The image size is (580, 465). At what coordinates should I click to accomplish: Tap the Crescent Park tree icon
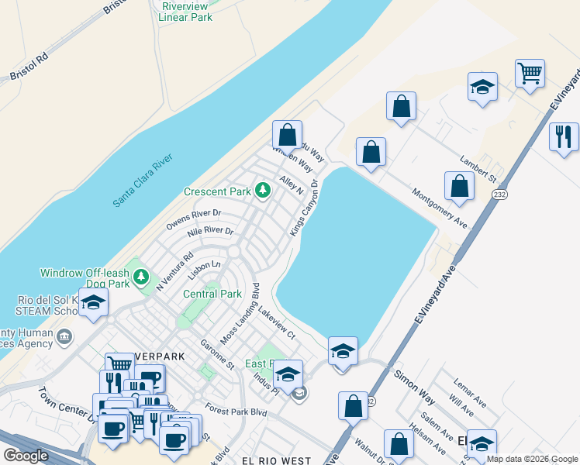[263, 190]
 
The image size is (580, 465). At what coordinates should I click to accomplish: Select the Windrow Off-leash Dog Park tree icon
[140, 277]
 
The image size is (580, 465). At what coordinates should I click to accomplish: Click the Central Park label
[212, 294]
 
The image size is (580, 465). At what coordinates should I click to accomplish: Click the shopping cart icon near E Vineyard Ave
[530, 74]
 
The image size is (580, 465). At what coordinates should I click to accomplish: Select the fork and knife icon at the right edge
[564, 137]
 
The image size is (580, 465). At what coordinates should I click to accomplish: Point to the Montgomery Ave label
[440, 208]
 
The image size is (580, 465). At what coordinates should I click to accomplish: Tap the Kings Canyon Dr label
[304, 208]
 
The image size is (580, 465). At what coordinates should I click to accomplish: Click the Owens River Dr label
[194, 219]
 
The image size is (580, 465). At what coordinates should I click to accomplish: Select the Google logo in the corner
[26, 456]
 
